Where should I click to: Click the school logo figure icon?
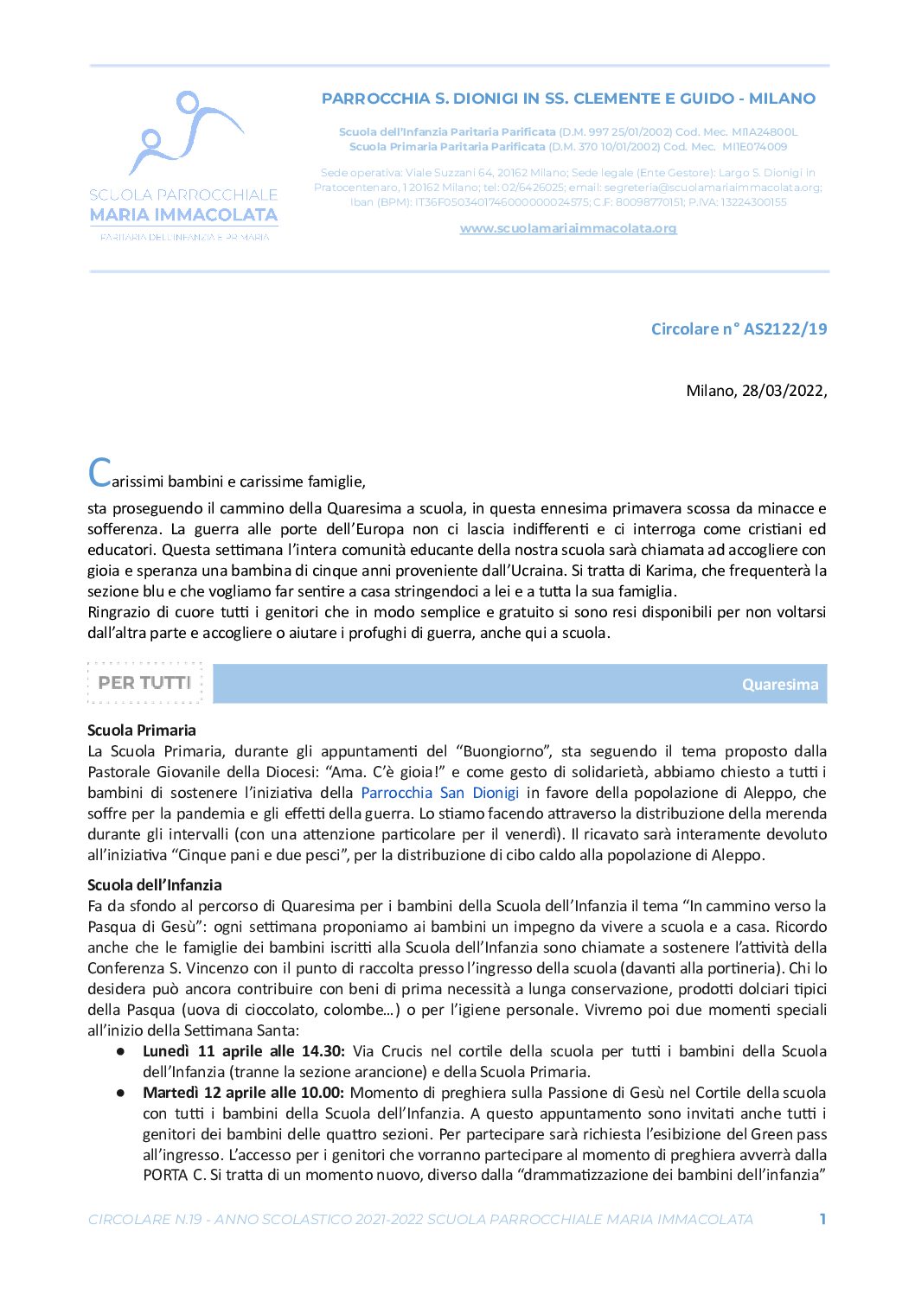(x=184, y=131)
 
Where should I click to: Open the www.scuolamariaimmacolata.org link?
(x=567, y=228)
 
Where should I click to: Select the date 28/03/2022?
(x=782, y=391)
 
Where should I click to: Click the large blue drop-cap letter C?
(x=99, y=473)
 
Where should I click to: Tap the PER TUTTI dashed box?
(x=144, y=683)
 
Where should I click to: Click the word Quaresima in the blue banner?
(x=779, y=685)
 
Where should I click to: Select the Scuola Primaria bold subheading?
(x=142, y=730)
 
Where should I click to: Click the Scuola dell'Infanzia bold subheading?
(x=155, y=885)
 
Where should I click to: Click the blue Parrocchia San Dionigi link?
(x=439, y=793)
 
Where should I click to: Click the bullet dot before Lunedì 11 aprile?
(x=122, y=1052)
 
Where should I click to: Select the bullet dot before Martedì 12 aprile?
(x=122, y=1094)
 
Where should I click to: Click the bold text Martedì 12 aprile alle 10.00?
(x=243, y=1093)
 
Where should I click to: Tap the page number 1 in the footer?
(x=822, y=1219)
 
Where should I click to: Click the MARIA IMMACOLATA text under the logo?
(x=183, y=214)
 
